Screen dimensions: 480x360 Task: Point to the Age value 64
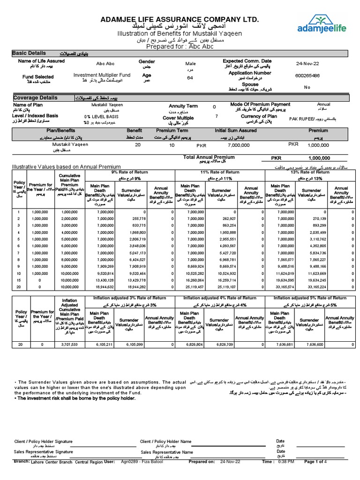coord(190,78)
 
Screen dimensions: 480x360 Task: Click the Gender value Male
coord(190,63)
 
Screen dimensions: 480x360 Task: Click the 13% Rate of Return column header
coord(310,172)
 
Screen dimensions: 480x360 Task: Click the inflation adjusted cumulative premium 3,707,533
coord(72,344)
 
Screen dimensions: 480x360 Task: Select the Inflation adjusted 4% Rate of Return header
coord(219,298)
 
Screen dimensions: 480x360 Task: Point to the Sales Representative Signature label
coord(43,452)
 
